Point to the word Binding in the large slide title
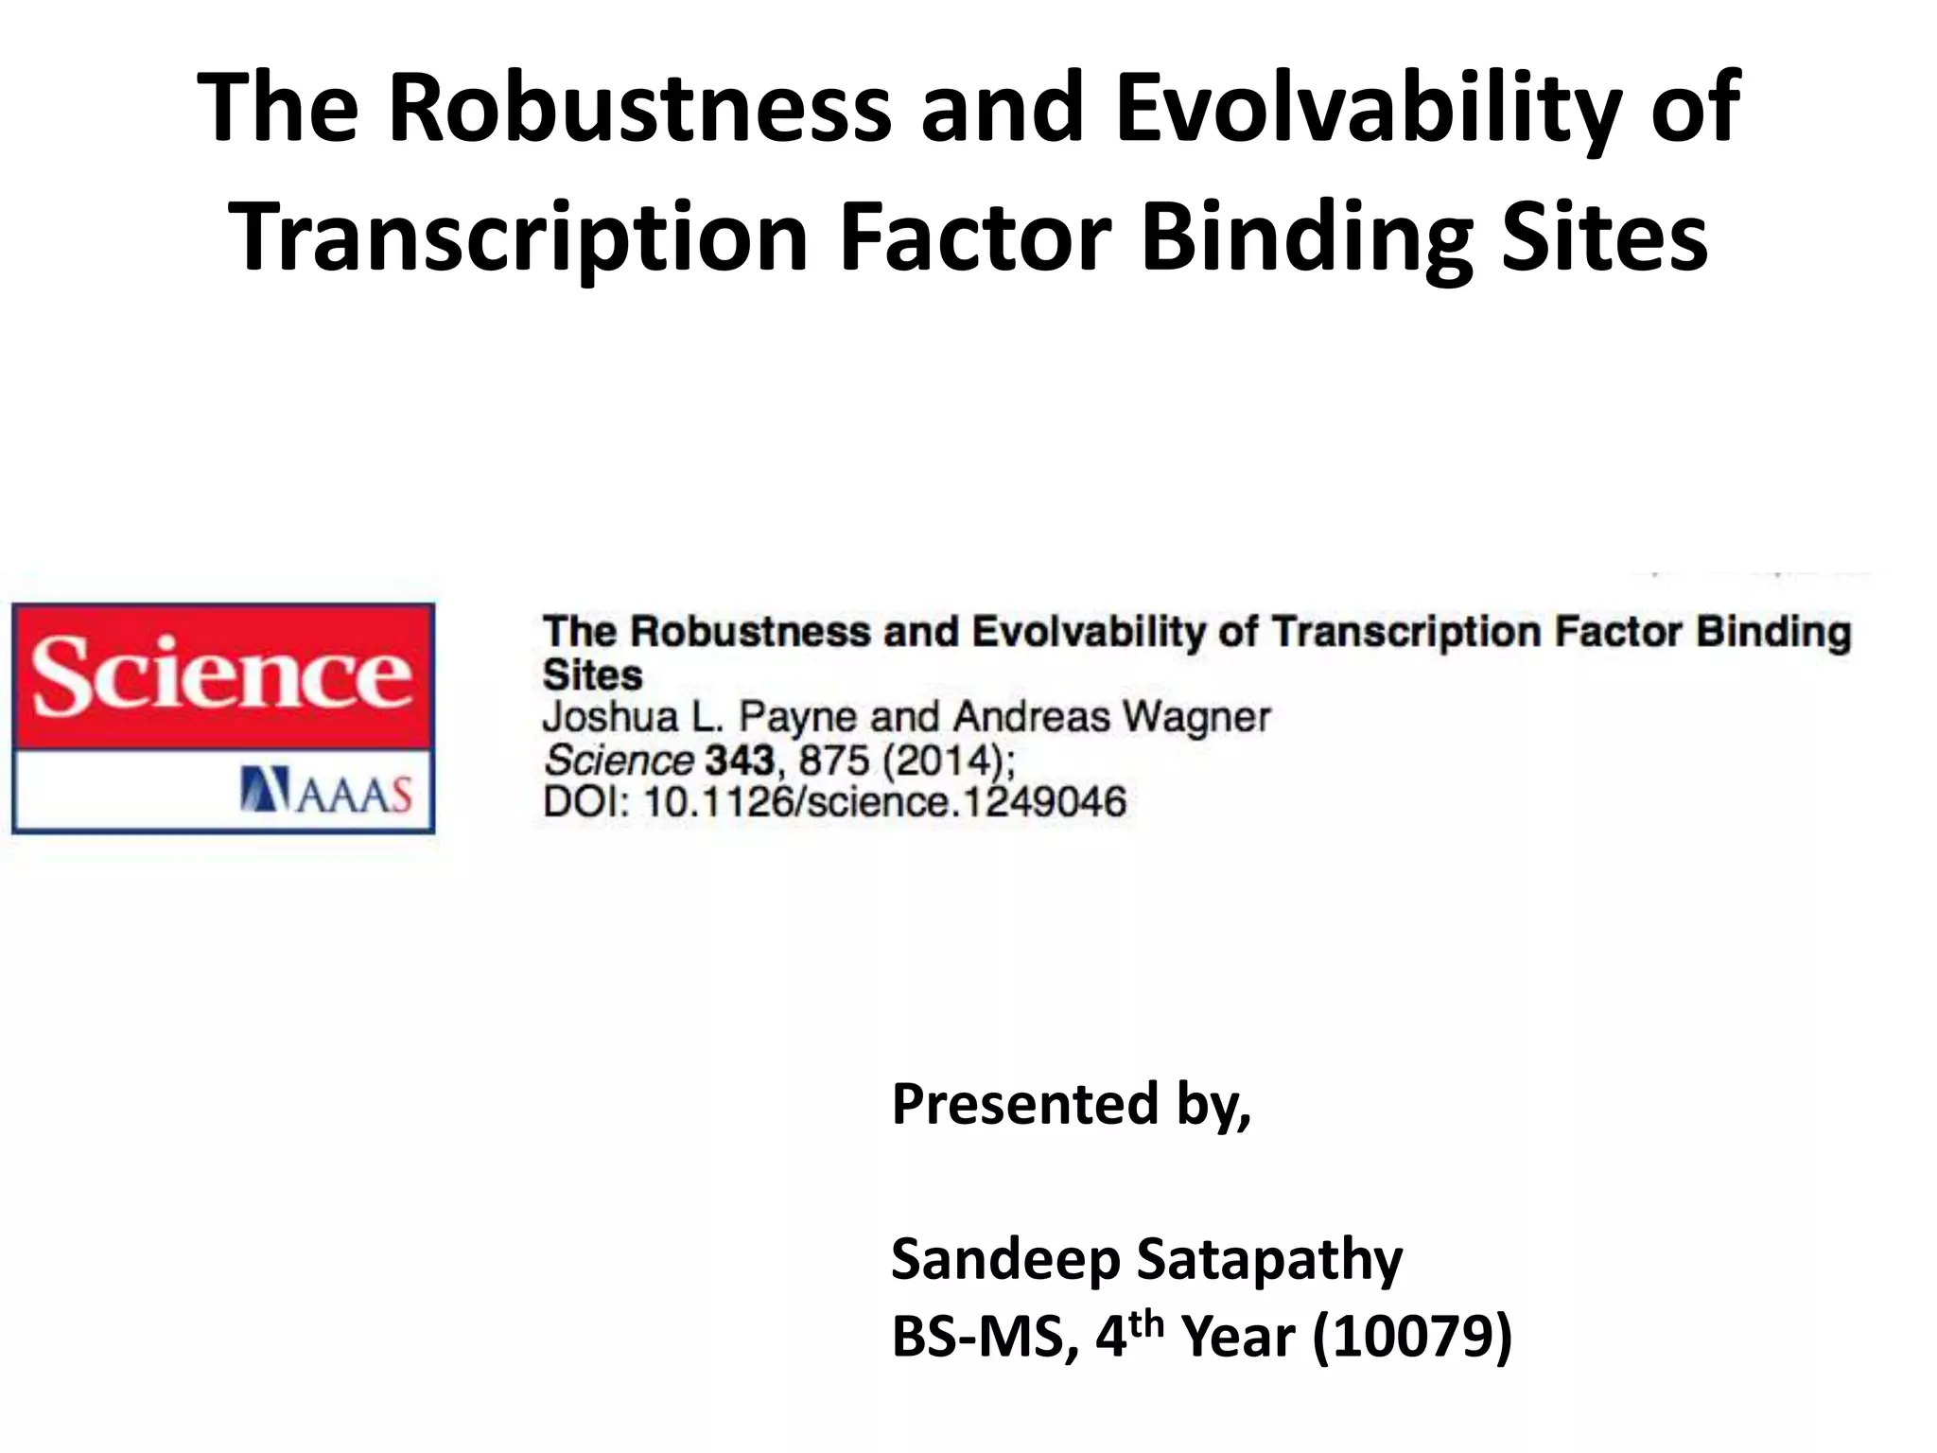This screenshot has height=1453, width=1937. point(1306,238)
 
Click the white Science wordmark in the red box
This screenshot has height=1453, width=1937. point(222,675)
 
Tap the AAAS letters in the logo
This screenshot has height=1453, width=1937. point(355,795)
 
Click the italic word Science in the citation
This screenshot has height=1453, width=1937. point(619,761)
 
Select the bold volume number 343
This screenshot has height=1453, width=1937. point(740,761)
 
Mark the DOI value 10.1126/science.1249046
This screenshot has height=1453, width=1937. point(884,803)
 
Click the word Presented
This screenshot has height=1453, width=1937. point(1024,1104)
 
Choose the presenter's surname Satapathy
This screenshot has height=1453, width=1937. point(1268,1261)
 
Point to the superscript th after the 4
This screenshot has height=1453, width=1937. point(1145,1323)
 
